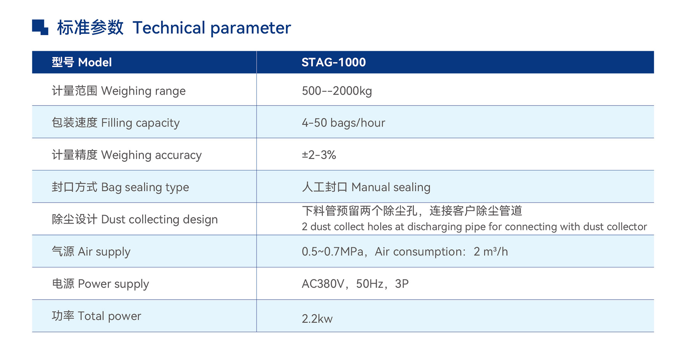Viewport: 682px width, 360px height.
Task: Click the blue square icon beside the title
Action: point(40,27)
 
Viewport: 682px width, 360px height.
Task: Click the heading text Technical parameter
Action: point(212,28)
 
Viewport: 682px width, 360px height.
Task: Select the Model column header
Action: point(82,62)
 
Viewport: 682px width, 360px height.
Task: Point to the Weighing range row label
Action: point(119,91)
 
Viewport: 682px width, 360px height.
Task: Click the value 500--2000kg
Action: point(337,91)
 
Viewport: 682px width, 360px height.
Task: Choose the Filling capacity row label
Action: point(116,123)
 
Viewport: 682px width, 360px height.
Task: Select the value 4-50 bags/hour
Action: point(343,123)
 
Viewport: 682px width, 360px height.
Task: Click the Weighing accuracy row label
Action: point(127,155)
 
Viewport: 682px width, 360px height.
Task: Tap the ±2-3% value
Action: point(319,155)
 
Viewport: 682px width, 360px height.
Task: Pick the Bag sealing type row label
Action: point(120,187)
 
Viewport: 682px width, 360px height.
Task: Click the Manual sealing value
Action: point(366,187)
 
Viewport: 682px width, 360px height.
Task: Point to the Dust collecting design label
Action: point(135,219)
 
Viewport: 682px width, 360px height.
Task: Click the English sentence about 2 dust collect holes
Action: point(474,227)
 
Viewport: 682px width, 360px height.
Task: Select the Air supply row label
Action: point(91,252)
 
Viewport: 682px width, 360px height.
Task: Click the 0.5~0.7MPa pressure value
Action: point(332,252)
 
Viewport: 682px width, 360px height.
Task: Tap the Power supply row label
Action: point(101,284)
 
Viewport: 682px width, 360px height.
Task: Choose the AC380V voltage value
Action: point(323,284)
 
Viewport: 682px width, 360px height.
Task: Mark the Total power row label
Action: point(97,316)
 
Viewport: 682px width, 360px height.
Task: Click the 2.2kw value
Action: point(317,319)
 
